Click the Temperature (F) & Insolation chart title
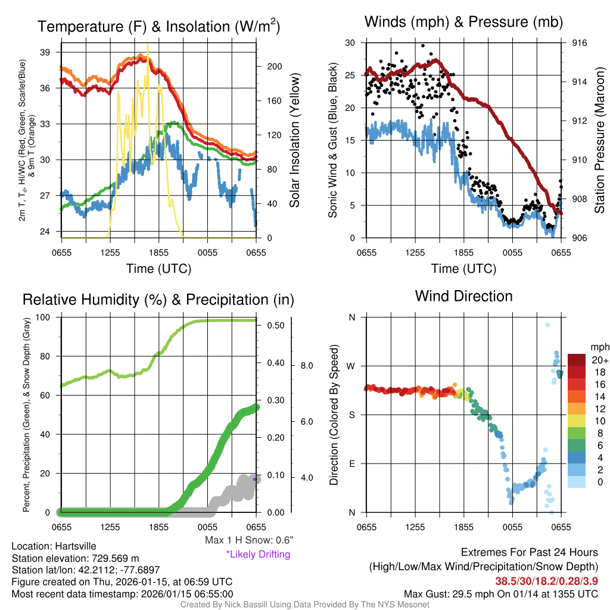[158, 27]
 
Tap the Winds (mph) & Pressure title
[463, 23]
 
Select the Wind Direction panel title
[463, 296]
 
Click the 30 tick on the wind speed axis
[350, 43]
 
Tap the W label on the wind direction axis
[351, 366]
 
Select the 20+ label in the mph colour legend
[600, 360]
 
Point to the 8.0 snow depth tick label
[306, 365]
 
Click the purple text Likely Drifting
[258, 554]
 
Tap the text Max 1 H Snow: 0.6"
[248, 540]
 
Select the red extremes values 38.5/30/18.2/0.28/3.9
[546, 580]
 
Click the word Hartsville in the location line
[75, 546]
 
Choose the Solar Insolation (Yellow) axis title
[294, 141]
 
